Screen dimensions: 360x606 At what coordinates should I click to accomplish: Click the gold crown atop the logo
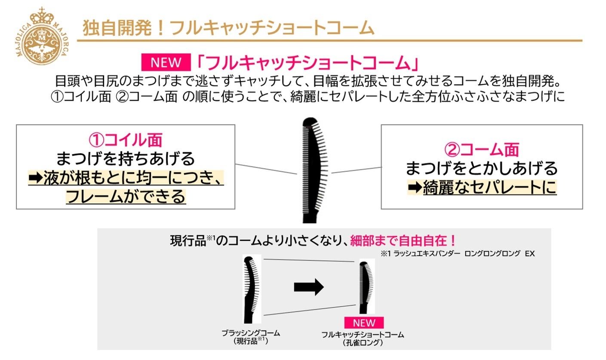pyautogui.click(x=42, y=16)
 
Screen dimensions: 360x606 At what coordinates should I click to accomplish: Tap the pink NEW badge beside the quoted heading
pyautogui.click(x=166, y=63)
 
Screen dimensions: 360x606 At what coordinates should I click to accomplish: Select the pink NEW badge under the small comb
pyautogui.click(x=364, y=323)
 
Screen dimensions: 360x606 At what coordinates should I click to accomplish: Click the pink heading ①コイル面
pyautogui.click(x=126, y=141)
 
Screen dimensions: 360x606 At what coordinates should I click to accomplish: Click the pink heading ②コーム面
pyautogui.click(x=481, y=149)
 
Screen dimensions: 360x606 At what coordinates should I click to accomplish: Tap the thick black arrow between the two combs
pyautogui.click(x=308, y=287)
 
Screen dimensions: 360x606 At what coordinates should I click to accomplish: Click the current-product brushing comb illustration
pyautogui.click(x=251, y=288)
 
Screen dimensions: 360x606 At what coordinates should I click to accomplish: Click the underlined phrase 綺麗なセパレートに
pyautogui.click(x=489, y=188)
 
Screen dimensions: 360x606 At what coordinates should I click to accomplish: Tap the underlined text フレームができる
pyautogui.click(x=126, y=197)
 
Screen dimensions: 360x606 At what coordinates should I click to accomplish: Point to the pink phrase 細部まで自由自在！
pyautogui.click(x=397, y=240)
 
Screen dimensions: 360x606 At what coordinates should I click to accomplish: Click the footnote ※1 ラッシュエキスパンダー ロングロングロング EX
pyautogui.click(x=457, y=254)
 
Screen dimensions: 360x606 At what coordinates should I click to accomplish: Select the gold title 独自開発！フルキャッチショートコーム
pyautogui.click(x=228, y=28)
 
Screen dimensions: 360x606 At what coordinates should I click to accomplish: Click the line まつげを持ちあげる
pyautogui.click(x=126, y=159)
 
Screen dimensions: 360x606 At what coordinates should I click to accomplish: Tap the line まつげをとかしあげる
pyautogui.click(x=481, y=168)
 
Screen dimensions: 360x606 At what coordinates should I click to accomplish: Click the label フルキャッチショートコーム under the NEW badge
pyautogui.click(x=363, y=334)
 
